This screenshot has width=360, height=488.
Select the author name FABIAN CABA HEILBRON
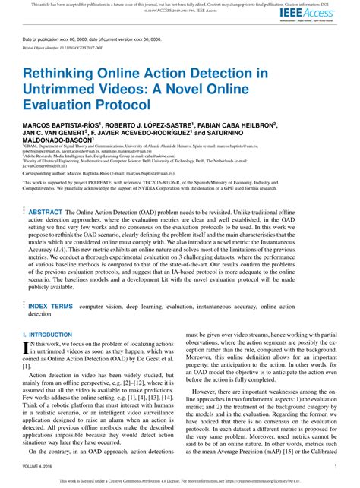point(237,124)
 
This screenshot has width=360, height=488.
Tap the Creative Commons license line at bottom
point(180,481)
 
